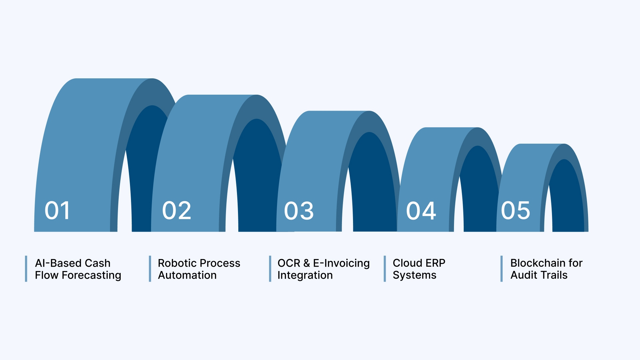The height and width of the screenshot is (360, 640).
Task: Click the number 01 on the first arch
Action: (57, 211)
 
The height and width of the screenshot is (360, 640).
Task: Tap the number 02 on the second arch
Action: (177, 211)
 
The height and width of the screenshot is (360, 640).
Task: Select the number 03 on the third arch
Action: (299, 211)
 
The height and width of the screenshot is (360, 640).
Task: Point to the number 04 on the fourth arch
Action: (421, 211)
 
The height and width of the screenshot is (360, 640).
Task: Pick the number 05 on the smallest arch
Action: (515, 211)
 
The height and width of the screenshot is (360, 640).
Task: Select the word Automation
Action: (187, 275)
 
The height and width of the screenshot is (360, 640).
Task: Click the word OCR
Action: (289, 263)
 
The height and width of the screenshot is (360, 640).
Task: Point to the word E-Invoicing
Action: (341, 263)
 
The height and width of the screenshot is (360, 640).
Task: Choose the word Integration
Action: (305, 275)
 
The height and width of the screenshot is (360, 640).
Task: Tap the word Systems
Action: (414, 275)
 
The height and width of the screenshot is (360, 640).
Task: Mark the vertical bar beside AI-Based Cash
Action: (26, 269)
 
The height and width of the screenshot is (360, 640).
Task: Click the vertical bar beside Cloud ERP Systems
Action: (385, 269)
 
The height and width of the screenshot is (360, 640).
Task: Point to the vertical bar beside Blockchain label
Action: (501, 269)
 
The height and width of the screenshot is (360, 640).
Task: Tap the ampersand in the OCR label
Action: (307, 263)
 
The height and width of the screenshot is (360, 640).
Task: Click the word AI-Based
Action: (55, 263)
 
